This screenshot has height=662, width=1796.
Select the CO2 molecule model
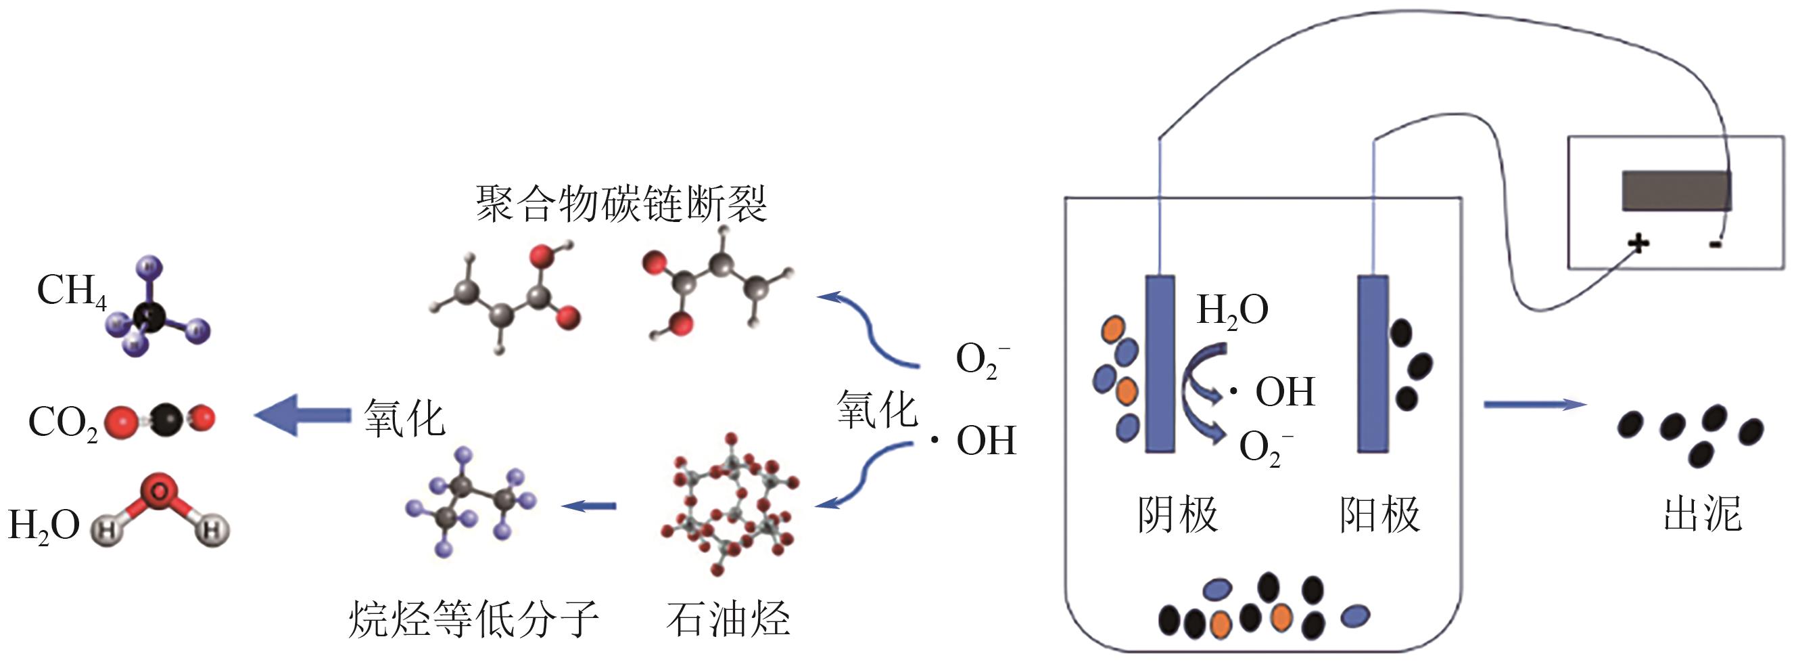point(160,418)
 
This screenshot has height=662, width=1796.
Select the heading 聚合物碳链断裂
point(621,204)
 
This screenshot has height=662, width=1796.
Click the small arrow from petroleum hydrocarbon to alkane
point(588,505)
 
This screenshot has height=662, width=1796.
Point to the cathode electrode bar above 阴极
point(1160,363)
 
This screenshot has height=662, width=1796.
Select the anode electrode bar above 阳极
point(1372,363)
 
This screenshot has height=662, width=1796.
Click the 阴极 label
point(1177,515)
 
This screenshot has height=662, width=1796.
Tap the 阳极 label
point(1379,515)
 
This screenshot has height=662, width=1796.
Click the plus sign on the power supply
point(1638,244)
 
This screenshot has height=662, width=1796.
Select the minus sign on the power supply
point(1716,244)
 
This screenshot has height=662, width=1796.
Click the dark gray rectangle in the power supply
point(1676,190)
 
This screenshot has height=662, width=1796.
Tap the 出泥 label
point(1702,515)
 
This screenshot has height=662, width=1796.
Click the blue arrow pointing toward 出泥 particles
point(1534,405)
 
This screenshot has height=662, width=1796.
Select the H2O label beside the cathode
point(1232,310)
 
